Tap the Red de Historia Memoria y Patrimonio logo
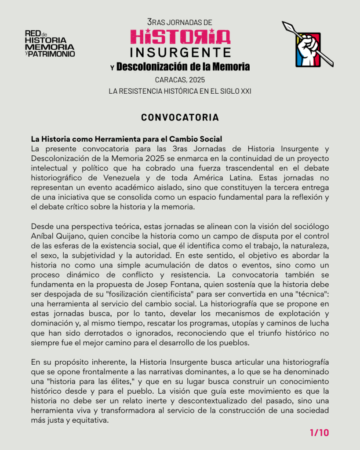[x=50, y=44]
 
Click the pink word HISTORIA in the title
[x=180, y=37]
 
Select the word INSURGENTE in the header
[x=180, y=53]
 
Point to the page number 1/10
[x=319, y=433]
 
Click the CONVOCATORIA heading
[x=180, y=117]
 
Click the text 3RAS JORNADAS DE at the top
[x=180, y=22]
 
